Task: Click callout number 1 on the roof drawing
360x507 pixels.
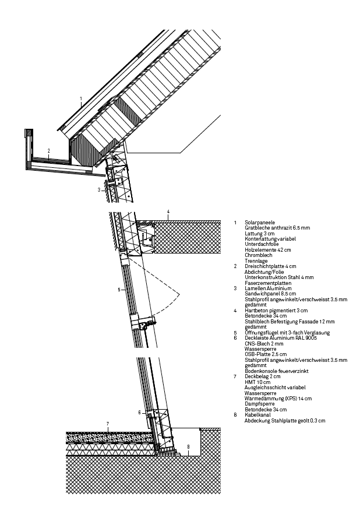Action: (x=81, y=98)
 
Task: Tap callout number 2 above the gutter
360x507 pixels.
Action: (x=49, y=151)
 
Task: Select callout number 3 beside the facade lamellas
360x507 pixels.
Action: (x=99, y=190)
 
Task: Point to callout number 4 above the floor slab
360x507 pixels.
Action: (x=168, y=212)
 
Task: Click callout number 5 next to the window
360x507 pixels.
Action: (x=119, y=290)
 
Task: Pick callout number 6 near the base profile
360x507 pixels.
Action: (x=140, y=413)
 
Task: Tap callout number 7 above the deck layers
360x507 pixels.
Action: (x=108, y=424)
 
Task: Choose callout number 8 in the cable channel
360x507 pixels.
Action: (x=188, y=447)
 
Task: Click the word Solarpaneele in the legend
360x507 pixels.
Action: (x=260, y=223)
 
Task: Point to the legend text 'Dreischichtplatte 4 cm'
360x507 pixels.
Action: (x=270, y=266)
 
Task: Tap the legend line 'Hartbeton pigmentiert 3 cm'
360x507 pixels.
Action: (x=276, y=311)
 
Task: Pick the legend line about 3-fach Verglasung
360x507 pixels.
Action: (x=287, y=333)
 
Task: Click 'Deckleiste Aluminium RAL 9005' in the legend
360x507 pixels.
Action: (x=281, y=338)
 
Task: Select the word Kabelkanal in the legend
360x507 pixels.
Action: (x=258, y=415)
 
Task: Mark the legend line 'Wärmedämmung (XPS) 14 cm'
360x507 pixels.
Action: (x=278, y=399)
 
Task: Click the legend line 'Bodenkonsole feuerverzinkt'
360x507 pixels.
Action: (x=277, y=371)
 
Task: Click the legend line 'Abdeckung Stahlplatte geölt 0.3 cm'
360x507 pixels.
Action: (x=285, y=421)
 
